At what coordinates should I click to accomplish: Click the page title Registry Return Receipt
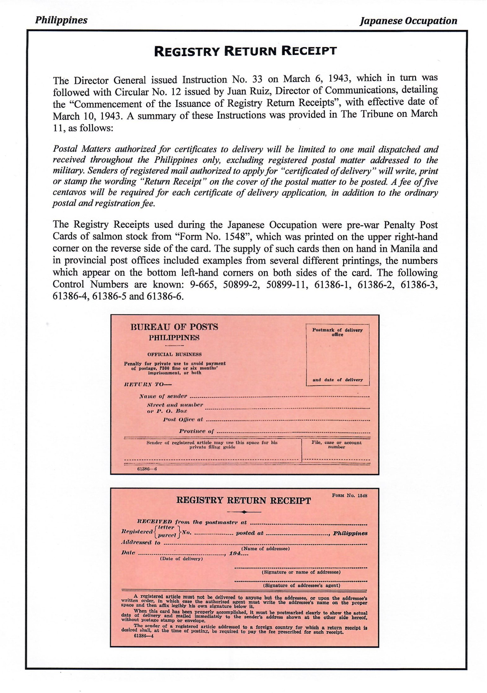245,51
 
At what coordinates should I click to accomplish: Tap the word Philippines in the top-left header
61,20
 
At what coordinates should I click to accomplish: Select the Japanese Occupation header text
408,21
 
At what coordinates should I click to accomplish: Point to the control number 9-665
202,284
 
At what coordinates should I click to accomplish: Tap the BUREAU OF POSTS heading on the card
174,327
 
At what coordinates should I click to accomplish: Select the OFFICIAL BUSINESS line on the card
174,354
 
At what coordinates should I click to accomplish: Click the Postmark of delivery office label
337,332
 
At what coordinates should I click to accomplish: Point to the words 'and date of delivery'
337,380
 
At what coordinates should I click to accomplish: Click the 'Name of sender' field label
163,396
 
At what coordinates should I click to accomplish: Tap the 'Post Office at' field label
183,420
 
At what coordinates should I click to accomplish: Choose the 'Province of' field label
196,431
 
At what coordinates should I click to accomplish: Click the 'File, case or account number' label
336,445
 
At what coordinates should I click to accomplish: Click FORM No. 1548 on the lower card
350,496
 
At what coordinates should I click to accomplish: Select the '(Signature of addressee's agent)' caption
302,586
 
